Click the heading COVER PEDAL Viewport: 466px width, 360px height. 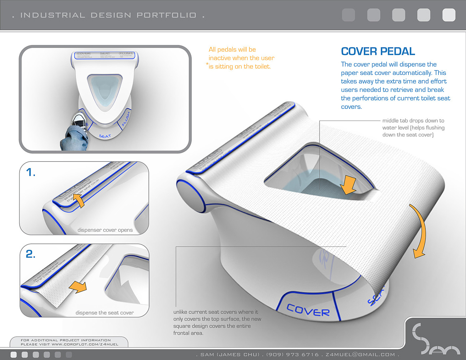(x=378, y=51)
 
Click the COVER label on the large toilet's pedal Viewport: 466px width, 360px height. (x=308, y=310)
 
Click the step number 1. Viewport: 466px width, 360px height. (x=31, y=172)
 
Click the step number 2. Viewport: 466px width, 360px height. (x=31, y=254)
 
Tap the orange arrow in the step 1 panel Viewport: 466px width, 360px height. (x=79, y=200)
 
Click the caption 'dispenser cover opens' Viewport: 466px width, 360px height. (x=105, y=230)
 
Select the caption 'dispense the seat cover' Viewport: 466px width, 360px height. (x=105, y=313)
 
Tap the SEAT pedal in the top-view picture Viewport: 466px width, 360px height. (x=105, y=136)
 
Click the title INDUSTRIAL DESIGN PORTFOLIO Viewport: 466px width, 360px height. (x=108, y=15)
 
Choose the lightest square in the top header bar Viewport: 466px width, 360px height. (x=449, y=15)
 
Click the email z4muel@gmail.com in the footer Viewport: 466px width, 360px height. (x=360, y=355)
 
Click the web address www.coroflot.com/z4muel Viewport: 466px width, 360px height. (x=85, y=344)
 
